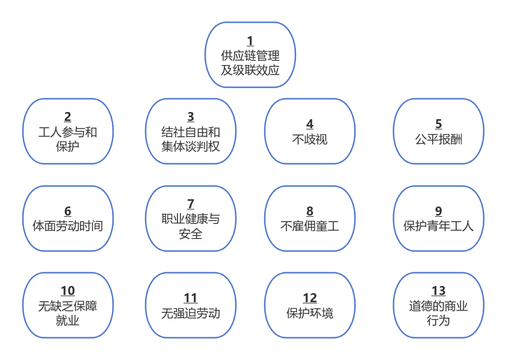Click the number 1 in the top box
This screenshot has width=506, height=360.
(250, 42)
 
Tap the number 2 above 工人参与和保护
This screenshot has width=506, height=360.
(67, 117)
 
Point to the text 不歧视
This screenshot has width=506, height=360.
(310, 139)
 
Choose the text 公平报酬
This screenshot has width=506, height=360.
(439, 139)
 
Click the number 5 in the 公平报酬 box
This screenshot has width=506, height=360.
(439, 124)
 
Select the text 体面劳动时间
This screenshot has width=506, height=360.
(67, 226)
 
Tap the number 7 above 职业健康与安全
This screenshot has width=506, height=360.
(191, 203)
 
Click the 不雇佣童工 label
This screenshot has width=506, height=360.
(310, 226)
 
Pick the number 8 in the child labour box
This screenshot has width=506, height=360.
(310, 211)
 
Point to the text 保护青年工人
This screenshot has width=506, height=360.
(439, 226)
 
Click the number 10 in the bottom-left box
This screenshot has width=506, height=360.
(67, 291)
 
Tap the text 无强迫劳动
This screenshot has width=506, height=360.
(191, 313)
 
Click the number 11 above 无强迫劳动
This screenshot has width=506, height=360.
(191, 298)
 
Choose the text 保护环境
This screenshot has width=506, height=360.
(310, 313)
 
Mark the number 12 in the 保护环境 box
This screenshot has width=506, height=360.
(310, 298)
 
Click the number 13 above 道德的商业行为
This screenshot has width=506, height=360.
(439, 291)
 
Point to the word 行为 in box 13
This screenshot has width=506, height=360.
(439, 320)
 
